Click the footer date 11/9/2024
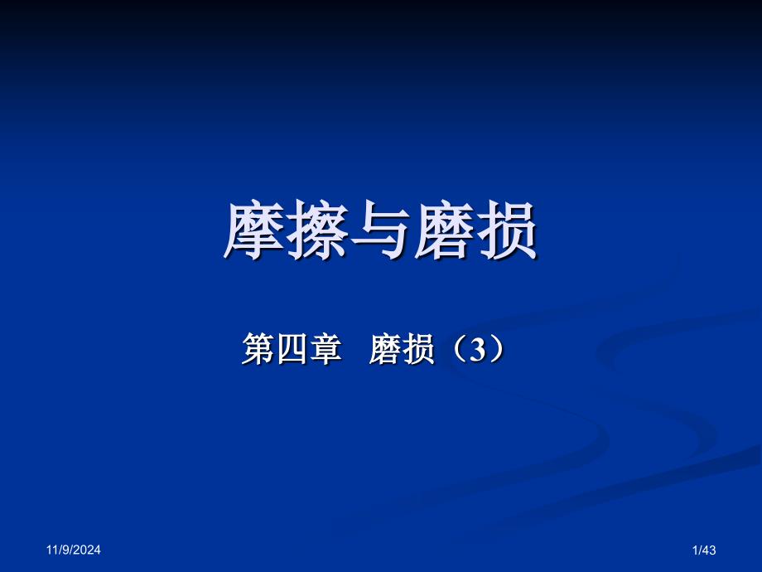click(73, 549)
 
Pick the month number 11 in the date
click(51, 549)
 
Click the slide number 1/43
click(702, 549)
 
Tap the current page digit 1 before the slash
click(693, 549)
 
